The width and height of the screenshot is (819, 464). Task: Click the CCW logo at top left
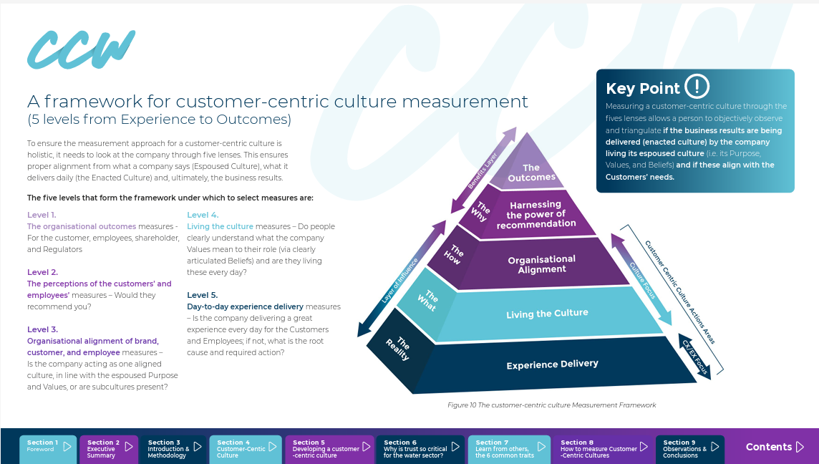click(81, 49)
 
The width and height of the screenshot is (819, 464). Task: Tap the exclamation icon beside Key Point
click(697, 86)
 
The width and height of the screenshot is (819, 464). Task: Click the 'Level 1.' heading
click(42, 215)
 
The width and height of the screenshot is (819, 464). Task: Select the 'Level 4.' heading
click(203, 215)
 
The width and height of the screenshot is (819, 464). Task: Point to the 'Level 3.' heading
click(42, 329)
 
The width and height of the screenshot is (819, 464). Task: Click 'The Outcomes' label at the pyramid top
click(531, 173)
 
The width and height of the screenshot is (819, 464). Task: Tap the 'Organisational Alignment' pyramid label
click(542, 264)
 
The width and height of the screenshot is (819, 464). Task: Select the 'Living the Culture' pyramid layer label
click(547, 314)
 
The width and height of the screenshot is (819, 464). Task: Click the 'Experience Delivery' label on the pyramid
click(552, 364)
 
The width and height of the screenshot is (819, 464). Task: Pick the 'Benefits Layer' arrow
click(483, 170)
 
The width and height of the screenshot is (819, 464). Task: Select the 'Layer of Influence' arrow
click(401, 279)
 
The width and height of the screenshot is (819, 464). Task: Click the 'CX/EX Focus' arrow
click(694, 357)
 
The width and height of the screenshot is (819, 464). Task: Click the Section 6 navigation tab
click(420, 449)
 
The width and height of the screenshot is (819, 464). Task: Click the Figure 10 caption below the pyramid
click(551, 405)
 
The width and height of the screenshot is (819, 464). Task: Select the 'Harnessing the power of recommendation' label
click(536, 214)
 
